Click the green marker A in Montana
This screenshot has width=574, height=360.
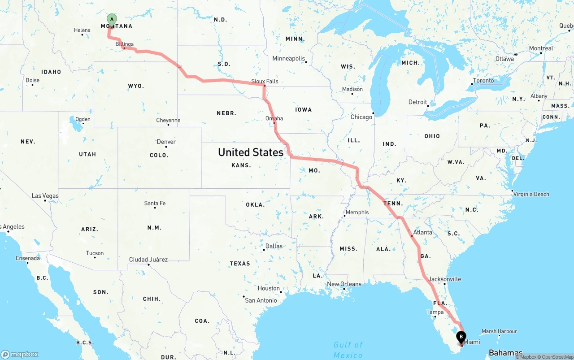(x=112, y=19)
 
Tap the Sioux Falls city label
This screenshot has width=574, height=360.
(x=265, y=81)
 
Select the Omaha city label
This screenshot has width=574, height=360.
(x=274, y=118)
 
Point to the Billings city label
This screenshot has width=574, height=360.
(x=124, y=44)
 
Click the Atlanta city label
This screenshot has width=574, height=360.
(x=422, y=232)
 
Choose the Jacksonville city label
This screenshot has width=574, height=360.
(x=444, y=279)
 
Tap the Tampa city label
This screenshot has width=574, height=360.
(x=435, y=312)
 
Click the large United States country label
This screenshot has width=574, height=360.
(x=251, y=152)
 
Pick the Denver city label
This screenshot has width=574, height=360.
(x=166, y=142)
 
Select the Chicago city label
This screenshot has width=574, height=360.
(x=361, y=117)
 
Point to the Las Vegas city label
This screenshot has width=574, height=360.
(x=45, y=196)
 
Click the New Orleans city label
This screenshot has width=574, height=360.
(x=344, y=284)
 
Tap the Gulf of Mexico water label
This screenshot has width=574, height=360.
(x=348, y=350)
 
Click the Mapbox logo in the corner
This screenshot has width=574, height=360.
(x=20, y=354)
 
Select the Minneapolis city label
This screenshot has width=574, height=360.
(x=289, y=59)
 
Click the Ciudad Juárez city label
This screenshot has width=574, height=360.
(x=148, y=259)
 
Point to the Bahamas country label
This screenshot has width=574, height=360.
(x=505, y=352)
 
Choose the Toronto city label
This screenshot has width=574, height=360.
(x=483, y=81)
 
